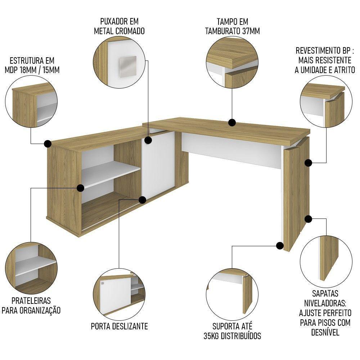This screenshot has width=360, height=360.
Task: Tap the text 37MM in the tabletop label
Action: point(250,31)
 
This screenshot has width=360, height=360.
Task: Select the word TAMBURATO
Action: point(222,31)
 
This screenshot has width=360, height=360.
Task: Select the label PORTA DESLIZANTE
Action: point(119,327)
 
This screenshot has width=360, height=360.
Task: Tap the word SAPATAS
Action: point(325,294)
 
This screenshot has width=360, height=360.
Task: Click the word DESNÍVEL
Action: point(325,332)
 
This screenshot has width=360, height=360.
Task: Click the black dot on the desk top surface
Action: point(232,123)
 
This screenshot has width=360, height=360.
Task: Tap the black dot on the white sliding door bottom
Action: point(142,199)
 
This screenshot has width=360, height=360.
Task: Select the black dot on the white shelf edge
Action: point(81,188)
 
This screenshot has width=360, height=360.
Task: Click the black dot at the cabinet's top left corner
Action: point(47,144)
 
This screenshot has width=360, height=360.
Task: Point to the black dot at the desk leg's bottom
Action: point(279,246)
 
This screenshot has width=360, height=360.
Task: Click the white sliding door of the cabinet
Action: point(158,162)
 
